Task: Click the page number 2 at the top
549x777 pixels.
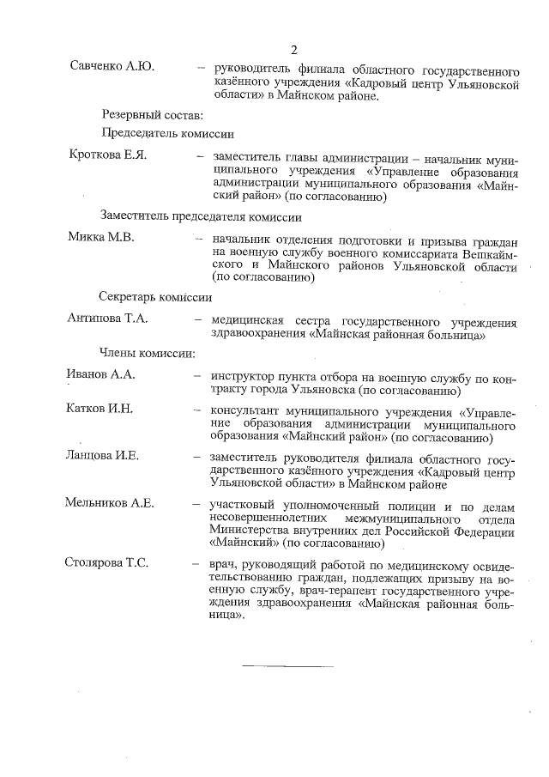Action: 293,48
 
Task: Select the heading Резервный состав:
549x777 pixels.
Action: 153,114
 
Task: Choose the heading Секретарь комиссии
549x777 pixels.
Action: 155,297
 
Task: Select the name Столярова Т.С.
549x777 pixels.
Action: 107,563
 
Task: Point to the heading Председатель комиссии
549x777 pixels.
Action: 168,135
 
